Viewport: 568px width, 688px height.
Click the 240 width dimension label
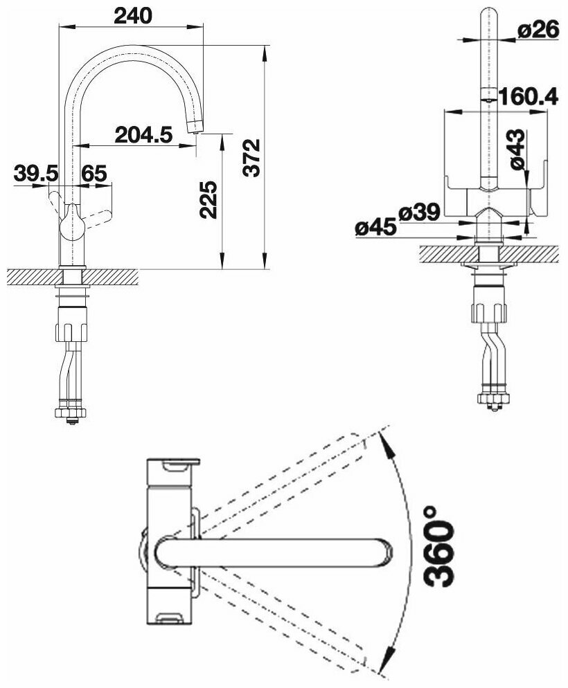point(132,16)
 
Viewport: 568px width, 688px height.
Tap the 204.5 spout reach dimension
point(143,135)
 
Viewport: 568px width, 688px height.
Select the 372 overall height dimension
point(252,158)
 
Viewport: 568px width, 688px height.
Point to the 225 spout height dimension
point(208,199)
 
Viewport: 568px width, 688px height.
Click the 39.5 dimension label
point(35,173)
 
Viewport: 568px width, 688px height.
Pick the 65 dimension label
point(94,173)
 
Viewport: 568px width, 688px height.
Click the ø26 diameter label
point(538,30)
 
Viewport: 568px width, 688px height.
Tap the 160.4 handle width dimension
point(528,96)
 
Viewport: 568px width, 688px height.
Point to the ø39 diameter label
point(419,212)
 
